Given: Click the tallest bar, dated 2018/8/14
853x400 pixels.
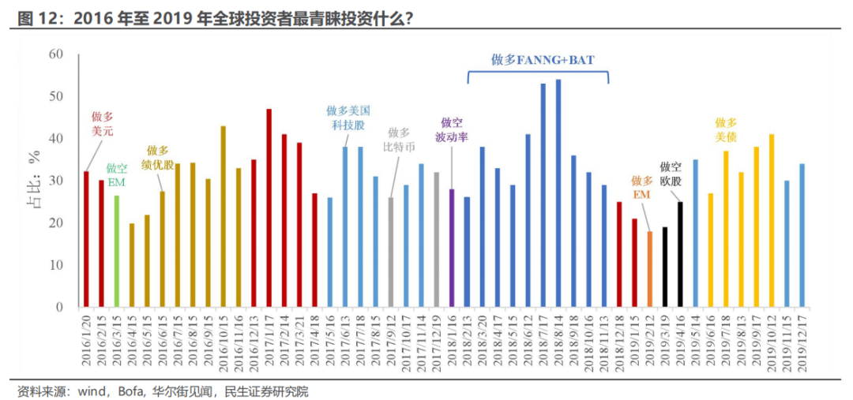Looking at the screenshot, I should [558, 193].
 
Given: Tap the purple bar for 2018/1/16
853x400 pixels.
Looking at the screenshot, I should [452, 248].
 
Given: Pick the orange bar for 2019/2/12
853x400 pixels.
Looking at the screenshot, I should [649, 269].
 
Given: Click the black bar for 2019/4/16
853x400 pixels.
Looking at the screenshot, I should [680, 254].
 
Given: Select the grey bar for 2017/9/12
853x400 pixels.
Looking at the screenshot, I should [390, 252].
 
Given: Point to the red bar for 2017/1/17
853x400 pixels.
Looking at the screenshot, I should [269, 208].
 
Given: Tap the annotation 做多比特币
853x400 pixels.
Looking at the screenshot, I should [400, 140].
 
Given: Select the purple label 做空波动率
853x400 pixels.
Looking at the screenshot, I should [452, 129].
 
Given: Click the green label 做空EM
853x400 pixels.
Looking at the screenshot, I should [116, 175].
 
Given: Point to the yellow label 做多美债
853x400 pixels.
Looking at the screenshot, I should [726, 129].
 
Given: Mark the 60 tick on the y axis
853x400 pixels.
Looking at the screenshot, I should [55, 54].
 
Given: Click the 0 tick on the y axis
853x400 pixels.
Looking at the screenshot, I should [59, 307].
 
